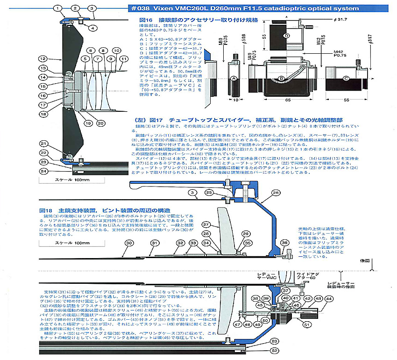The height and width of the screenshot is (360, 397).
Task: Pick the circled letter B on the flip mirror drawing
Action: click(281, 78)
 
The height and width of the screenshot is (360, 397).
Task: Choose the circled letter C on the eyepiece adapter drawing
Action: click(346, 79)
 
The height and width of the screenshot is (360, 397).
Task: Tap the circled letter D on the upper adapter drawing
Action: click(285, 36)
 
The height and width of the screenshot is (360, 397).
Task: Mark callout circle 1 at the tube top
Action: click(57, 8)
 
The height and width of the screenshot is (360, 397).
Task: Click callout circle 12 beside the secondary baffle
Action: click(43, 59)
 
